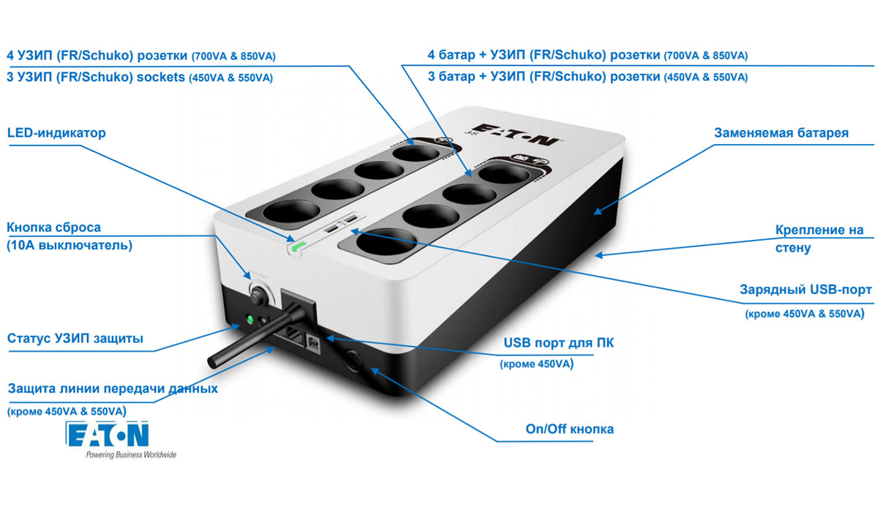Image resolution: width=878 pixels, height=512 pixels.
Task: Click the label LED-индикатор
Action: tap(56, 133)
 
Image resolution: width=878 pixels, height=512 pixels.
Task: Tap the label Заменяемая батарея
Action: tap(781, 133)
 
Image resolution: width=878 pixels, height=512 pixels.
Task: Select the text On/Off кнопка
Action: tap(569, 429)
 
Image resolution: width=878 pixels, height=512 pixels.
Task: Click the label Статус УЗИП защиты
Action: tap(75, 338)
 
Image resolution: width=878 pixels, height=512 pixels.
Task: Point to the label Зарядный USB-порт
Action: tap(806, 290)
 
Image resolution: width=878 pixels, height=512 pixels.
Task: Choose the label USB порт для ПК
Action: tap(558, 343)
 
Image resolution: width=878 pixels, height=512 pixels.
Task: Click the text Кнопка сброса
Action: tap(53, 227)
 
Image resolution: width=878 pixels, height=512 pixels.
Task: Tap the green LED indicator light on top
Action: tap(299, 246)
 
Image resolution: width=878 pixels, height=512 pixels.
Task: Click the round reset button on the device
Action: tap(258, 295)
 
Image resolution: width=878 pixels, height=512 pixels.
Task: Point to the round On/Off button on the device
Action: tap(353, 361)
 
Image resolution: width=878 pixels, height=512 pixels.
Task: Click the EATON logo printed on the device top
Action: tap(515, 135)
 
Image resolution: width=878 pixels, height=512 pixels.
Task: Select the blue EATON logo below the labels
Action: tap(107, 434)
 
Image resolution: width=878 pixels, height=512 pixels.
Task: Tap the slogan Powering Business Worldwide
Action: tap(131, 454)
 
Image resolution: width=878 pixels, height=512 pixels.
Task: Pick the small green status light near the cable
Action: tap(249, 319)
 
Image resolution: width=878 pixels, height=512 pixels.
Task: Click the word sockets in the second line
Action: tap(160, 78)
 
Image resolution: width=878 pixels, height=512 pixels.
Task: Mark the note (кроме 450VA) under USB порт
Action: tap(536, 364)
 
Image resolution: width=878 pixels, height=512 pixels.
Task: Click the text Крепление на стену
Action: tap(819, 238)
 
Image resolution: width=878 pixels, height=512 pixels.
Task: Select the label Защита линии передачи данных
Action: tap(113, 388)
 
